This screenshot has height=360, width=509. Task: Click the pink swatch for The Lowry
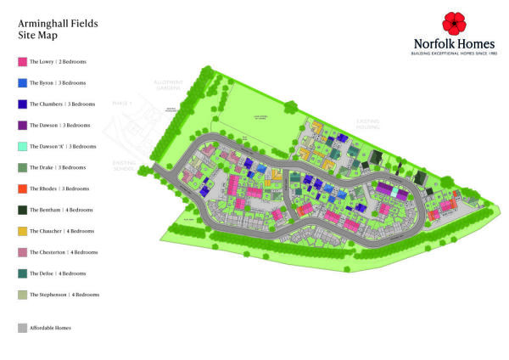(22, 62)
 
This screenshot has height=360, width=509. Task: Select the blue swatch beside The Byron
(22, 83)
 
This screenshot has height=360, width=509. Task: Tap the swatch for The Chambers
(22, 104)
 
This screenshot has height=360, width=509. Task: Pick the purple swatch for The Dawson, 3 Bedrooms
(22, 126)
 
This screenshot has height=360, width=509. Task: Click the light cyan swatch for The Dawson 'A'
(22, 147)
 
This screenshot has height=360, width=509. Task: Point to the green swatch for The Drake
(22, 168)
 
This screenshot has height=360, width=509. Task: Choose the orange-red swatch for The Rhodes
(22, 189)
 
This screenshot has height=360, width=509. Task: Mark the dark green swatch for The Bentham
(22, 211)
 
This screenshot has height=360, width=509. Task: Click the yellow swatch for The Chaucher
(22, 231)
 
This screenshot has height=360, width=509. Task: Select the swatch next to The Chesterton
(22, 252)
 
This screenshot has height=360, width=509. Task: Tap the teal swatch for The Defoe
(22, 273)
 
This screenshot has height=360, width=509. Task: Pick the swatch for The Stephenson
(22, 295)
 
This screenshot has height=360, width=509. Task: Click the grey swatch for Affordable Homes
(22, 327)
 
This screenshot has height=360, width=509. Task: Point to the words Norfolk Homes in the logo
(453, 44)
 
